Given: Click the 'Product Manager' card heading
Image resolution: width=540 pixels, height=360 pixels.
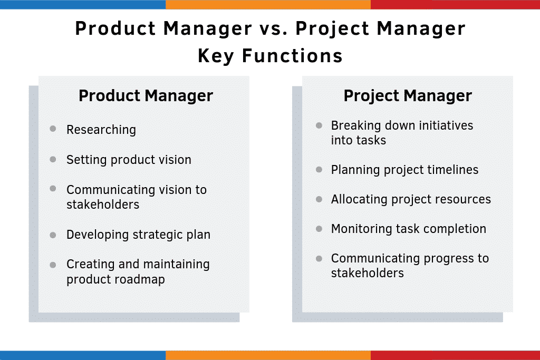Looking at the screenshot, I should coord(146,96).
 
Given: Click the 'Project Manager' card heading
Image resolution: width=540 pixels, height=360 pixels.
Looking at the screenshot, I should coord(408,96).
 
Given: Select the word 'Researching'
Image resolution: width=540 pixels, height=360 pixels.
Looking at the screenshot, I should coord(101,130).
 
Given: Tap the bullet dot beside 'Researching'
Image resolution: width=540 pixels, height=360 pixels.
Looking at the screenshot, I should coord(53,129).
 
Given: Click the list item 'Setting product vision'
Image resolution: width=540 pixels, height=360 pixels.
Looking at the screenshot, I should coord(129,160).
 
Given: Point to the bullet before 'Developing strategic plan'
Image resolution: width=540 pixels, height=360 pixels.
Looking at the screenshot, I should coord(53,234).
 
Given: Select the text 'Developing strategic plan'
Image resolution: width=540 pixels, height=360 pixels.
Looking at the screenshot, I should coord(138,235).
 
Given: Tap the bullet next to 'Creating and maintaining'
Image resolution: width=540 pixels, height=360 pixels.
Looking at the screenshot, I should coord(53,264).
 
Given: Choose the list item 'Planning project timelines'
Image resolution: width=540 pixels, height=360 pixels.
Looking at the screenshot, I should coord(404,170).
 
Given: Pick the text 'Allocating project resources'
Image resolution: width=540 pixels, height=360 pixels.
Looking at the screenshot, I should coord(411,199).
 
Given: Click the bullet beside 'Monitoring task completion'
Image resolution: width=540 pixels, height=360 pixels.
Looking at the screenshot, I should coord(319,228).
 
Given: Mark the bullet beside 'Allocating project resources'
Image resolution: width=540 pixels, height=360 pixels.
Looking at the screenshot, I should coord(319,199).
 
